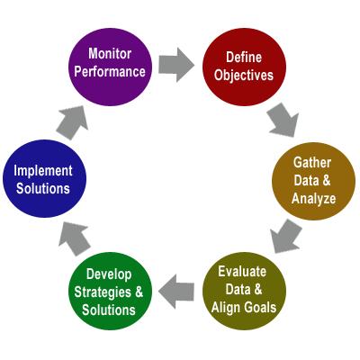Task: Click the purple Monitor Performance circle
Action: (x=110, y=67)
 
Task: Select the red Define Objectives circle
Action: (x=244, y=67)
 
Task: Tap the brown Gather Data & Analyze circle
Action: (x=313, y=181)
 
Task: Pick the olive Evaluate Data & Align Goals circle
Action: (x=244, y=291)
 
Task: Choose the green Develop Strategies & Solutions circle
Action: (x=110, y=291)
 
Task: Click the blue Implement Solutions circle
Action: (x=44, y=178)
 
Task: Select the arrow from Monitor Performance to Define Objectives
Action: (x=176, y=65)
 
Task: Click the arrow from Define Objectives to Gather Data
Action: (x=283, y=120)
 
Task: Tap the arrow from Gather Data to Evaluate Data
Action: (x=285, y=237)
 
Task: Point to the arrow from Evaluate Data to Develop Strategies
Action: (x=176, y=292)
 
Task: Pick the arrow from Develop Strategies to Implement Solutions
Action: (x=74, y=238)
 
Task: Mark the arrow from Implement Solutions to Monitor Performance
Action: (x=72, y=122)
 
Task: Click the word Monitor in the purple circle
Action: (x=110, y=54)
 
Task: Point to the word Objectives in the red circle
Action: (x=244, y=76)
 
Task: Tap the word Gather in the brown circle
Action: (x=312, y=163)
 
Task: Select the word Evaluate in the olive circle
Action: (x=242, y=272)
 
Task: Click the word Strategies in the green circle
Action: (x=103, y=292)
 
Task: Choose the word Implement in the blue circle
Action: (x=43, y=171)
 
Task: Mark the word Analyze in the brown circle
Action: (x=313, y=199)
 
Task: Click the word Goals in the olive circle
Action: (x=260, y=307)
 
